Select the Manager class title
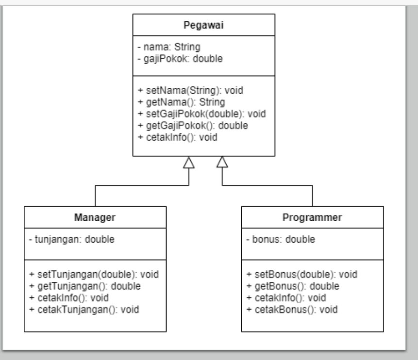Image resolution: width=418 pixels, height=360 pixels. point(95,217)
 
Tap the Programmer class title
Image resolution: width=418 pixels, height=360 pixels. point(312,217)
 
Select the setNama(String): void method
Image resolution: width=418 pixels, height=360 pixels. point(190,90)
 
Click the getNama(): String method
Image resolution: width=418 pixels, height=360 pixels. point(181,102)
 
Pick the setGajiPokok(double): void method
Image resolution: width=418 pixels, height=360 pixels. point(202,114)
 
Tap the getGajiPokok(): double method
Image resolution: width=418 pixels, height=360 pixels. point(193,125)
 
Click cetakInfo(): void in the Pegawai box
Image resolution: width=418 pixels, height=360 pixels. point(177,137)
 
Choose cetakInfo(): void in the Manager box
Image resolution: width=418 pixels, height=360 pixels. point(69,297)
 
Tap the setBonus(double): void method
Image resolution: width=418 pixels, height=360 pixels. point(302,274)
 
